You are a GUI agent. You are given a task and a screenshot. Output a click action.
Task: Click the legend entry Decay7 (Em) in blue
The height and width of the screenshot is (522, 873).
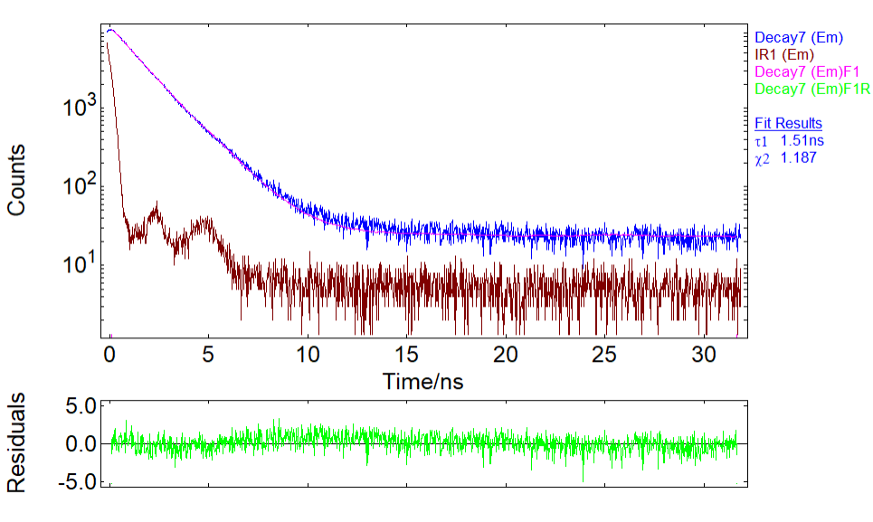pos(799,38)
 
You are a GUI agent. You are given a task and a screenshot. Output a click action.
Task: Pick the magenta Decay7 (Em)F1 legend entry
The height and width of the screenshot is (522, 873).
pos(807,71)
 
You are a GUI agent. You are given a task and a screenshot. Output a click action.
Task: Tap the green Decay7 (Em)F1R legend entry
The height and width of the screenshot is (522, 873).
pos(812,89)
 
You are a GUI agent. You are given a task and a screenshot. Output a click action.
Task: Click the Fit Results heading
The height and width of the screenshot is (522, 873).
pos(788,123)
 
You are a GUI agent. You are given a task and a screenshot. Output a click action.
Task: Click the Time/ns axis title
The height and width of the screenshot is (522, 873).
pos(422,381)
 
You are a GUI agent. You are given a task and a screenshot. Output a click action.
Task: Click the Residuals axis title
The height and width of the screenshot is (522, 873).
pos(16,442)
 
